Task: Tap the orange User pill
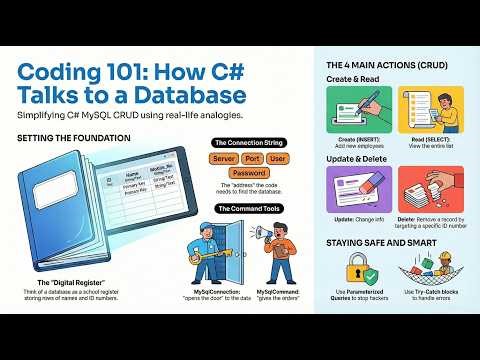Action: point(278,159)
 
